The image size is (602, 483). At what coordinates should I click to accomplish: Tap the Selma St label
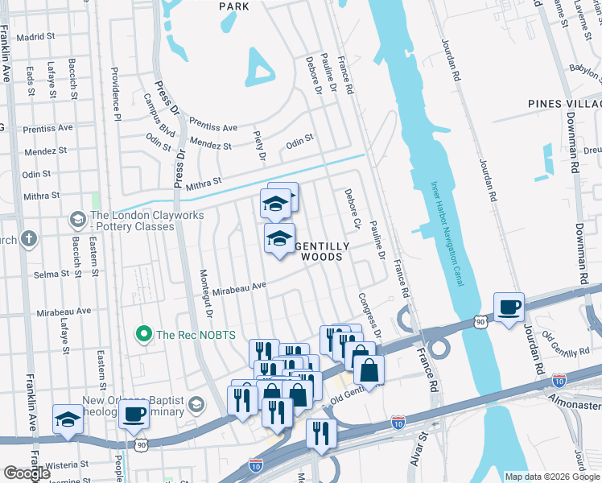(52, 275)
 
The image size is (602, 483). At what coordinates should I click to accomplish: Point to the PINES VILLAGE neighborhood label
(564, 104)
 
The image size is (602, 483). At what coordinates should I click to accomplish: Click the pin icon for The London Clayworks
(77, 219)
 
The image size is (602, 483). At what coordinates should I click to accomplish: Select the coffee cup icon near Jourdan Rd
(509, 307)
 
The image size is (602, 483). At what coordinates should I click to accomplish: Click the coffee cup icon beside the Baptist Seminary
(134, 415)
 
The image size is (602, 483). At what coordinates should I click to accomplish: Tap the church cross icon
(28, 238)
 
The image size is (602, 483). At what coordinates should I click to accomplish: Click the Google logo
(27, 473)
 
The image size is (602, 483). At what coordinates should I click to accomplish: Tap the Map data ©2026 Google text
(551, 477)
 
